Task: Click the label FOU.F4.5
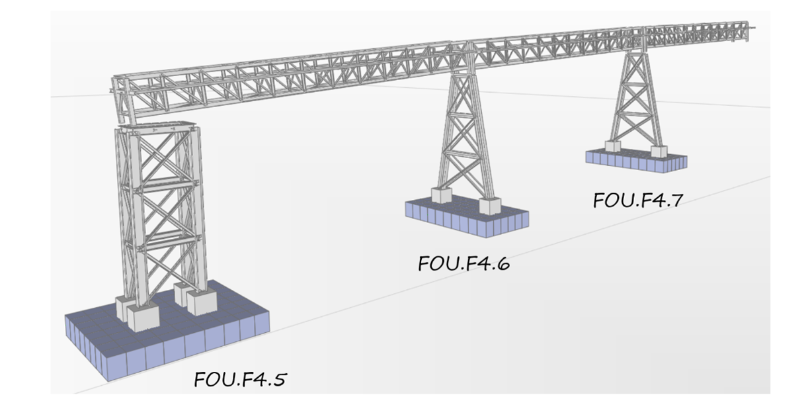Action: coord(241,379)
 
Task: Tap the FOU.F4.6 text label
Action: coord(464,263)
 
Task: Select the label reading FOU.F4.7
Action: coord(636,200)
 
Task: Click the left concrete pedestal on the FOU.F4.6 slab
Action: coord(441,195)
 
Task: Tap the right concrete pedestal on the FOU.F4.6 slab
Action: coord(490,206)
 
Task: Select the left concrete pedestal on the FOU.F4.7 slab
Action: coord(612,146)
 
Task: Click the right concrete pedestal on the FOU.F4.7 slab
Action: coord(659,152)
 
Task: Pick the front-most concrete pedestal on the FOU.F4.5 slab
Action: coord(143,316)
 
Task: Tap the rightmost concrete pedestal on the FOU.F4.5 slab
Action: coord(202,301)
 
